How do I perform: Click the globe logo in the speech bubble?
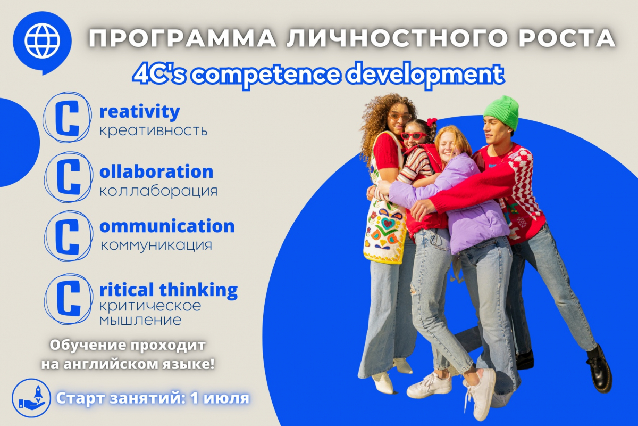[x=42, y=41]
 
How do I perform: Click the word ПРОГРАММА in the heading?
[x=182, y=38]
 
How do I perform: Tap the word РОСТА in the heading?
[x=567, y=38]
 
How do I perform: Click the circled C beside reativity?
[x=67, y=117]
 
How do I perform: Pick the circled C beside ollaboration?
[x=68, y=177]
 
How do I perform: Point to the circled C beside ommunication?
[x=68, y=236]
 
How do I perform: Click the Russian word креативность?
[x=153, y=131]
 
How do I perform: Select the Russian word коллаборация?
[x=158, y=191]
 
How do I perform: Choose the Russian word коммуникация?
[x=157, y=245]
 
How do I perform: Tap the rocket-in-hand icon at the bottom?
[x=31, y=398]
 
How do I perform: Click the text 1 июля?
[x=220, y=398]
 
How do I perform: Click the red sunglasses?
[x=414, y=135]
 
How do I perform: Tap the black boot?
[x=599, y=368]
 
